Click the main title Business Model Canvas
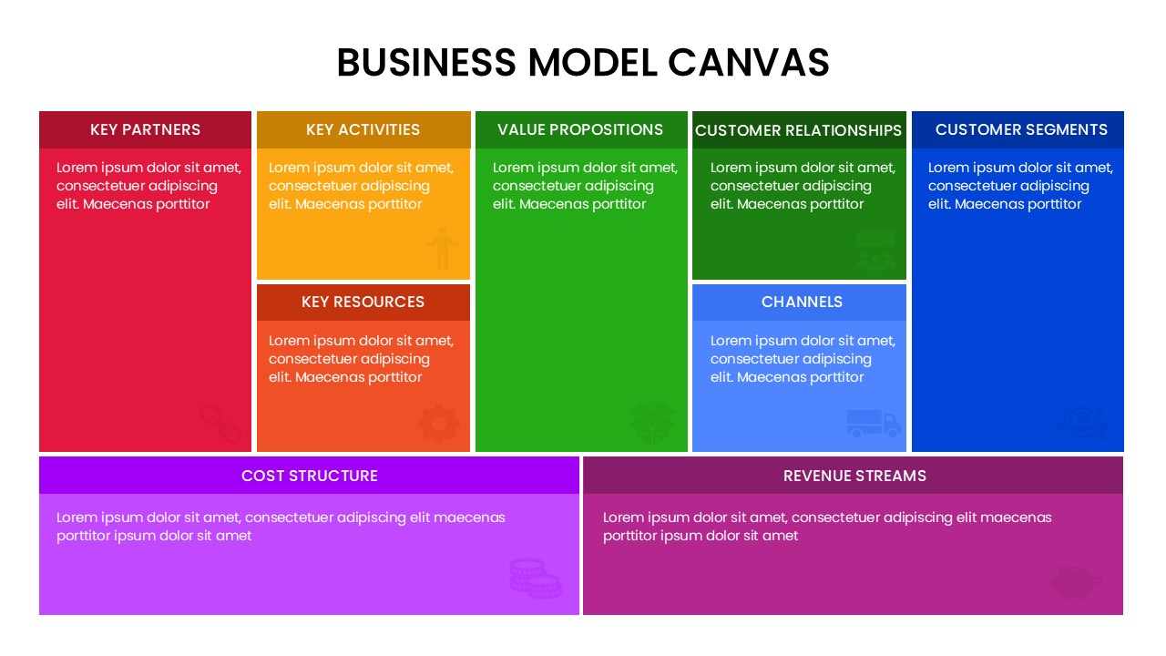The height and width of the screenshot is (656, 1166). [583, 62]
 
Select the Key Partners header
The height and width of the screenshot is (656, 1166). [145, 129]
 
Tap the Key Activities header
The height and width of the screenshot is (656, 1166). [363, 129]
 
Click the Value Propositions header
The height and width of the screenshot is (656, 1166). [580, 129]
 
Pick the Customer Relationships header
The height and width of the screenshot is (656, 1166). [798, 130]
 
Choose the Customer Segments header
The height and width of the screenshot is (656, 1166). [1021, 129]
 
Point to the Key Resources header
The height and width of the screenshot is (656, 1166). [363, 302]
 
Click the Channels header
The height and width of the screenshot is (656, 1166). [802, 302]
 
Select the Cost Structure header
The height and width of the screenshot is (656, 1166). [309, 476]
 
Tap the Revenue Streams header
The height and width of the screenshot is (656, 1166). [854, 476]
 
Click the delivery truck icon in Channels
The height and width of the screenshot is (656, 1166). [873, 424]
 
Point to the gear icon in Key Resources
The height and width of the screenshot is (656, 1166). [439, 424]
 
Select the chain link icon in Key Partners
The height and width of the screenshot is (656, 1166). [220, 424]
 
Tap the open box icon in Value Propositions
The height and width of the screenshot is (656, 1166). [652, 424]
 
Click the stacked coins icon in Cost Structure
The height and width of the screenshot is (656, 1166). [535, 579]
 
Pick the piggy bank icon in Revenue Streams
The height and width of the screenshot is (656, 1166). [1076, 581]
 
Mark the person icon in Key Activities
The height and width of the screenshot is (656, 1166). [442, 248]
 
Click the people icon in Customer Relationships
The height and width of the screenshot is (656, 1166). [875, 251]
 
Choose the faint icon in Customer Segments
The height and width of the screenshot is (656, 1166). [1082, 424]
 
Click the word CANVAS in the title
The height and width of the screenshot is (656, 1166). [748, 62]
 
